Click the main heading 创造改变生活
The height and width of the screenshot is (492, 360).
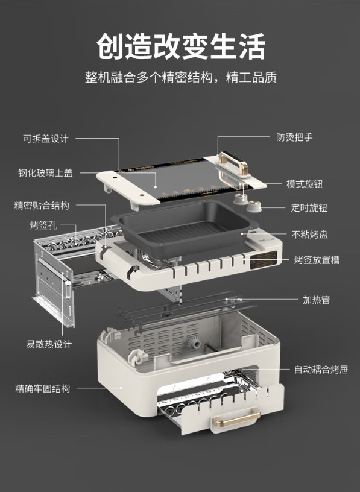(x=181, y=46)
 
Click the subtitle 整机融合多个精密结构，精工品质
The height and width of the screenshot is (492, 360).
(x=181, y=77)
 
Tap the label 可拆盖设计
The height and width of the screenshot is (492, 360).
(x=46, y=139)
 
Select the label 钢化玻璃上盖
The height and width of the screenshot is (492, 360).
(x=45, y=173)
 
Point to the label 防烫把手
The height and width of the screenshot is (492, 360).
(x=294, y=137)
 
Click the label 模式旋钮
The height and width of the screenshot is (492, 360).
(x=305, y=184)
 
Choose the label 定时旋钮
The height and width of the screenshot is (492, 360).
(x=309, y=207)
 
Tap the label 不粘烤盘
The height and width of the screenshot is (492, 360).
(x=310, y=234)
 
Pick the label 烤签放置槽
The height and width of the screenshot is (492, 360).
(x=317, y=260)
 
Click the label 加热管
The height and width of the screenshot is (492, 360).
(x=317, y=300)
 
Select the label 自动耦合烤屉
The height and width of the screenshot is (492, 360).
(x=321, y=370)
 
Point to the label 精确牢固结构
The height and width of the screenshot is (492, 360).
(x=43, y=388)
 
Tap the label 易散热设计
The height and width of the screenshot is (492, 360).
(x=49, y=344)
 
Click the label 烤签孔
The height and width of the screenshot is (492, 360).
(x=43, y=225)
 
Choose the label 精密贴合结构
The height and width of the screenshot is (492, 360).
(x=42, y=206)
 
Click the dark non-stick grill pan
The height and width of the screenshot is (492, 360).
(x=185, y=227)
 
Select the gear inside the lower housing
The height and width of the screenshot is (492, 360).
(x=194, y=344)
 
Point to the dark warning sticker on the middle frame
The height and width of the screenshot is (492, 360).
(x=264, y=260)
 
